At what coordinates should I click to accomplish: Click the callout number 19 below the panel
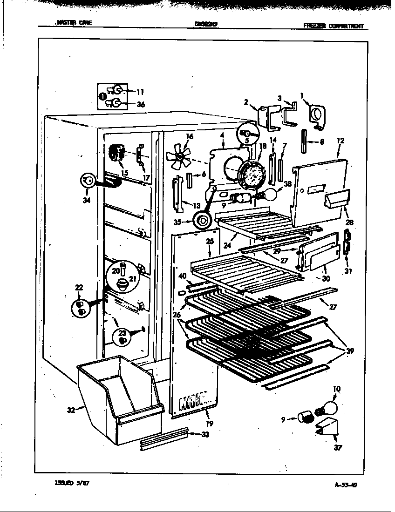pos(210,423)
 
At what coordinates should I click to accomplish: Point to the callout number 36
pos(140,104)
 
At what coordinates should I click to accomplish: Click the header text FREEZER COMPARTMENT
pos(333,26)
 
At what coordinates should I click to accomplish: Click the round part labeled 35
pos(202,220)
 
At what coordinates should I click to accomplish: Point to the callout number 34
pos(85,200)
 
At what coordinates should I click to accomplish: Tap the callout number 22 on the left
pos(78,288)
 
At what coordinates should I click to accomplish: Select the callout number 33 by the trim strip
pos(205,434)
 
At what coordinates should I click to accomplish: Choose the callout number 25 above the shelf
pos(210,241)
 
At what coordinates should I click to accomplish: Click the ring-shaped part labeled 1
pos(318,114)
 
